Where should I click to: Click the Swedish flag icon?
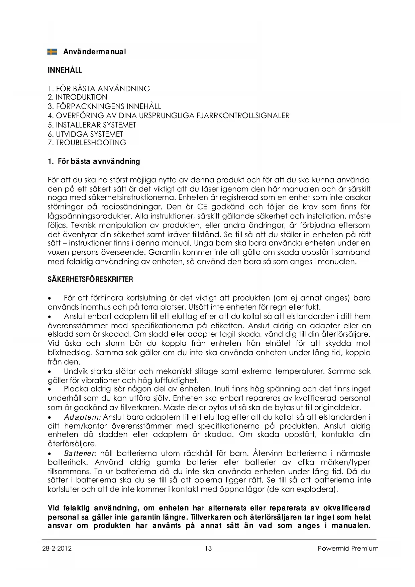[52, 52]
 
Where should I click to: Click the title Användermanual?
[95, 52]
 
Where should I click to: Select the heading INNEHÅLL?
[65, 70]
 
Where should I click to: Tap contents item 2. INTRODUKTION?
[78, 97]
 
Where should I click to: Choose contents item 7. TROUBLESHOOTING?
[87, 143]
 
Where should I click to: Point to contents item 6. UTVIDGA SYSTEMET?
[85, 134]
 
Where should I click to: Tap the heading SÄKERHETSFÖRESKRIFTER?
[90, 279]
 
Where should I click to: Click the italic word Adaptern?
[83, 417]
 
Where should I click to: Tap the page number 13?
[208, 549]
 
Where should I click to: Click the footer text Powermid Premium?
[348, 549]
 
